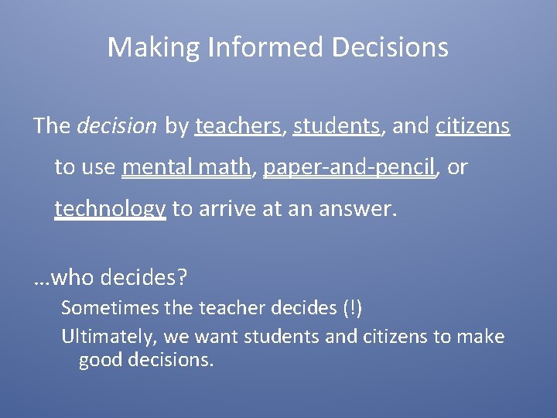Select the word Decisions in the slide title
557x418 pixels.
[x=389, y=48]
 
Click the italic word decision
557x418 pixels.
[x=117, y=126]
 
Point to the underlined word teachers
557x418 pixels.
[x=237, y=126]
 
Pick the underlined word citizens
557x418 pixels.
[x=473, y=126]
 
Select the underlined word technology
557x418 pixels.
[x=110, y=209]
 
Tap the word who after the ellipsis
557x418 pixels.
[x=72, y=277]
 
